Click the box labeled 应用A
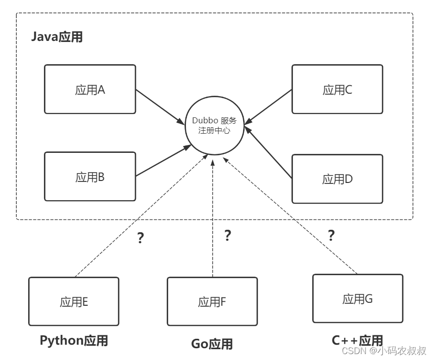click(90, 89)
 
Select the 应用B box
click(90, 177)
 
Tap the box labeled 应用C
click(337, 89)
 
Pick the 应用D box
click(337, 179)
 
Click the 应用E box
click(73, 301)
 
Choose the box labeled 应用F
click(212, 301)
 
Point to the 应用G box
click(358, 298)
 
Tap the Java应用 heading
click(57, 37)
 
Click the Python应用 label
click(73, 340)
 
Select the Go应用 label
click(212, 343)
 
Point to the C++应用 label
click(357, 340)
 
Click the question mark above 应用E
click(140, 238)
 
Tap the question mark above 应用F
click(227, 235)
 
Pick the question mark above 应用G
click(331, 235)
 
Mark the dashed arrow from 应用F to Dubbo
click(213, 217)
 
